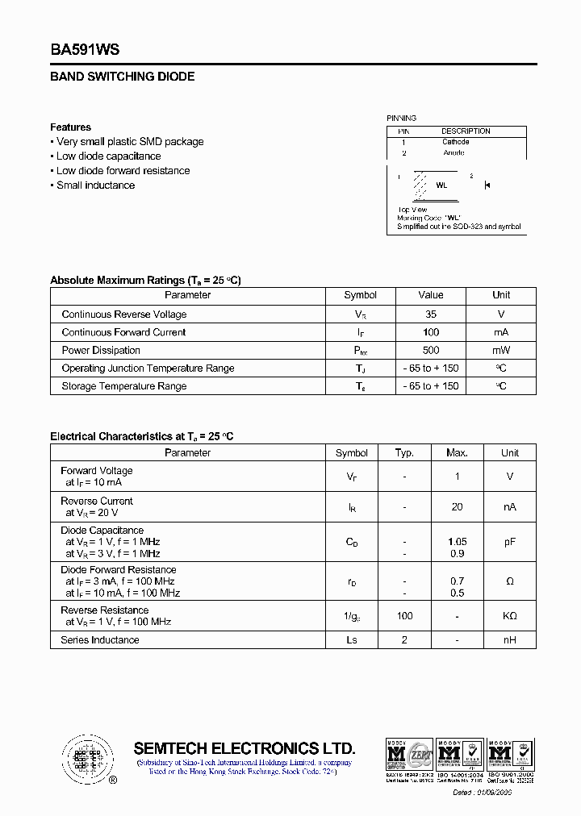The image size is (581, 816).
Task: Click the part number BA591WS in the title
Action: point(85,50)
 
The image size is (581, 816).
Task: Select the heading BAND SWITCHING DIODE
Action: point(123,77)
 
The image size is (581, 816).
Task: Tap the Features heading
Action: point(70,127)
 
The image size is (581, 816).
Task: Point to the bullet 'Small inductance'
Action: point(95,185)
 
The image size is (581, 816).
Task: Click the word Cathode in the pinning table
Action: point(455,142)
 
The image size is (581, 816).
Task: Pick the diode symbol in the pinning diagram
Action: point(487,185)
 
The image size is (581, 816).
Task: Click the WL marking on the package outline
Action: point(441,185)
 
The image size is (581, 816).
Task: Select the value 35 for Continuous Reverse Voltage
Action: point(431,314)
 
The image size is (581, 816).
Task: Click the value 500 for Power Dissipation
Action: point(431,351)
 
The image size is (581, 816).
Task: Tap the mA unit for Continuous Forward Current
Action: point(501,332)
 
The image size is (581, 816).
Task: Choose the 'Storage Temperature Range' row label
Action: point(123,386)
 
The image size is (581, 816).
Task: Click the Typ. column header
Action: point(404,453)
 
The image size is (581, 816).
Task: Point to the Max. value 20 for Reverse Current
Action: point(457,507)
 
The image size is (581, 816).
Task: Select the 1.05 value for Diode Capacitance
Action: point(457,542)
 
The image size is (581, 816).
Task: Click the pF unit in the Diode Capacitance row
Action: point(509,543)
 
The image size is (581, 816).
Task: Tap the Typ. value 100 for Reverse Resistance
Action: point(404,616)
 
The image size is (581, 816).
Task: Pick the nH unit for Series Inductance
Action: point(509,640)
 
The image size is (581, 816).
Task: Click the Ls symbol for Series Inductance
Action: point(352,640)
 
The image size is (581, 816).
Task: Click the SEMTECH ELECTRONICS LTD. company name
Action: point(245,747)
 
